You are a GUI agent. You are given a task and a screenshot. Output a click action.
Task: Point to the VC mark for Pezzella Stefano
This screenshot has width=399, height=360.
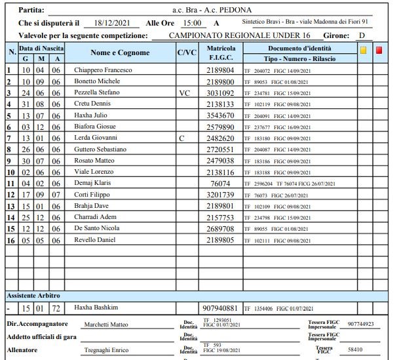pyautogui.click(x=184, y=93)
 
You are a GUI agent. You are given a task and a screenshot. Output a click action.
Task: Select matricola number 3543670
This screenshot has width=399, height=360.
pyautogui.click(x=220, y=115)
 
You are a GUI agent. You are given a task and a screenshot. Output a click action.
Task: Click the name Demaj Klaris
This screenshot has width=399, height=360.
pyautogui.click(x=93, y=184)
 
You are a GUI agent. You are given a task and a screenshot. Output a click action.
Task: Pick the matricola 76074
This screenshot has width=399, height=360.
pyautogui.click(x=220, y=184)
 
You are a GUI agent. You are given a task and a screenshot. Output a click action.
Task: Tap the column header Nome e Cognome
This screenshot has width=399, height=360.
pyautogui.click(x=120, y=52)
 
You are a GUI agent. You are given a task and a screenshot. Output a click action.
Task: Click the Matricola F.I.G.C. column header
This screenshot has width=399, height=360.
pyautogui.click(x=220, y=52)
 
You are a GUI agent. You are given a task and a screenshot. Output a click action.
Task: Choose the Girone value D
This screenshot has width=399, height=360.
pyautogui.click(x=360, y=35)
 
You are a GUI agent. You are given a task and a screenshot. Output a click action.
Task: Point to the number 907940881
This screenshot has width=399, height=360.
pyautogui.click(x=221, y=308)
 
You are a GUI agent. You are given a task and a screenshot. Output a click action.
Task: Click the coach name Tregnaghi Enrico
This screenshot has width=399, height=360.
pyautogui.click(x=107, y=350)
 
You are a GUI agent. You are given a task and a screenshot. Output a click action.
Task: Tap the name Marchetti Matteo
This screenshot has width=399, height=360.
pyautogui.click(x=107, y=325)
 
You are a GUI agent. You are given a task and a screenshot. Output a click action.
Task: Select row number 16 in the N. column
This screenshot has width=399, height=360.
pyautogui.click(x=9, y=241)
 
